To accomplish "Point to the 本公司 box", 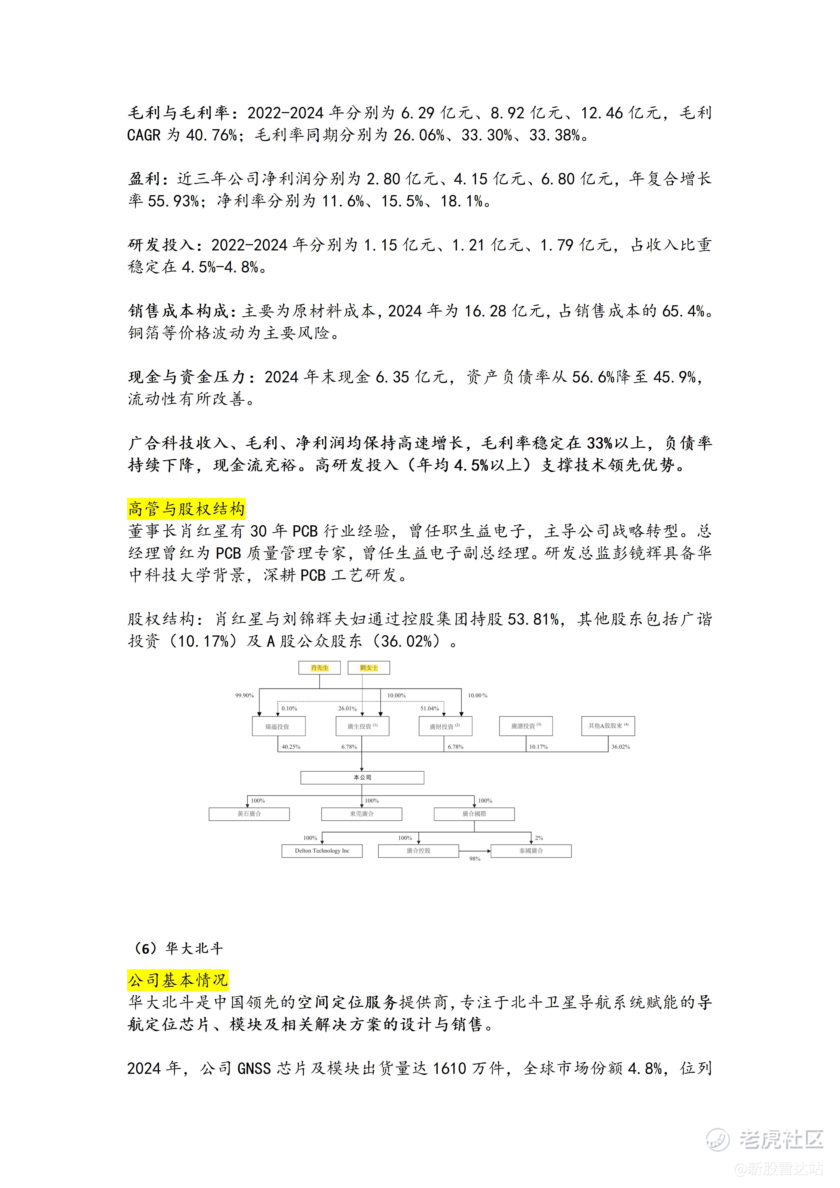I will pos(362,777).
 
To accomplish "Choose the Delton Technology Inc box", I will pos(322,851).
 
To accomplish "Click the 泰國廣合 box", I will pos(531,851).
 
